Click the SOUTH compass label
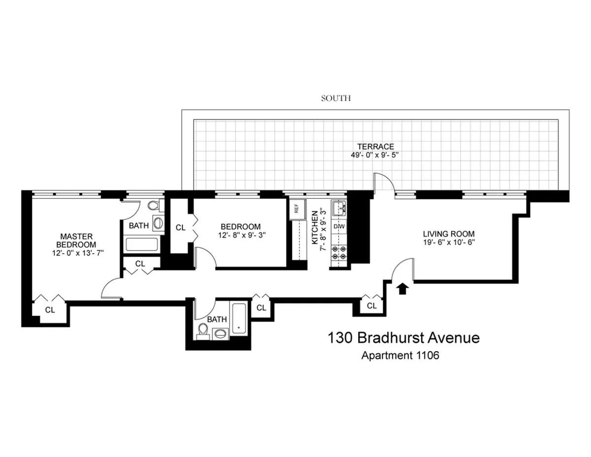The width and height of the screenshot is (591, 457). (336, 98)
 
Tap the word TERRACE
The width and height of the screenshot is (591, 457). (375, 146)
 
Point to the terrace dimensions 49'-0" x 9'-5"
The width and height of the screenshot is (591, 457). (375, 156)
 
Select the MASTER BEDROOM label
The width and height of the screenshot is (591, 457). (76, 240)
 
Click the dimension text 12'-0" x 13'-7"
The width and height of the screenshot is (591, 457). (76, 253)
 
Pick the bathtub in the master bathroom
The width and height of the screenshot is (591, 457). (141, 245)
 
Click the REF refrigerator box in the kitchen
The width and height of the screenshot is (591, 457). (296, 208)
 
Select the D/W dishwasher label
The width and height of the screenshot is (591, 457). (339, 226)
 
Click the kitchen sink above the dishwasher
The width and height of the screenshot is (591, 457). (339, 209)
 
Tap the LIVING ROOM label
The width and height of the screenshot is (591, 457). (449, 233)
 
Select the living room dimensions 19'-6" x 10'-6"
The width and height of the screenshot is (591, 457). (449, 242)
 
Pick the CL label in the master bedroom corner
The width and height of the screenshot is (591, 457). (50, 310)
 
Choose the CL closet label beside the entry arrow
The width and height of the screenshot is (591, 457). (372, 306)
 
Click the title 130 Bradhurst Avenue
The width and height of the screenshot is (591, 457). (403, 338)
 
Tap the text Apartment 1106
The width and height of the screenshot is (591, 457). (400, 356)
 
